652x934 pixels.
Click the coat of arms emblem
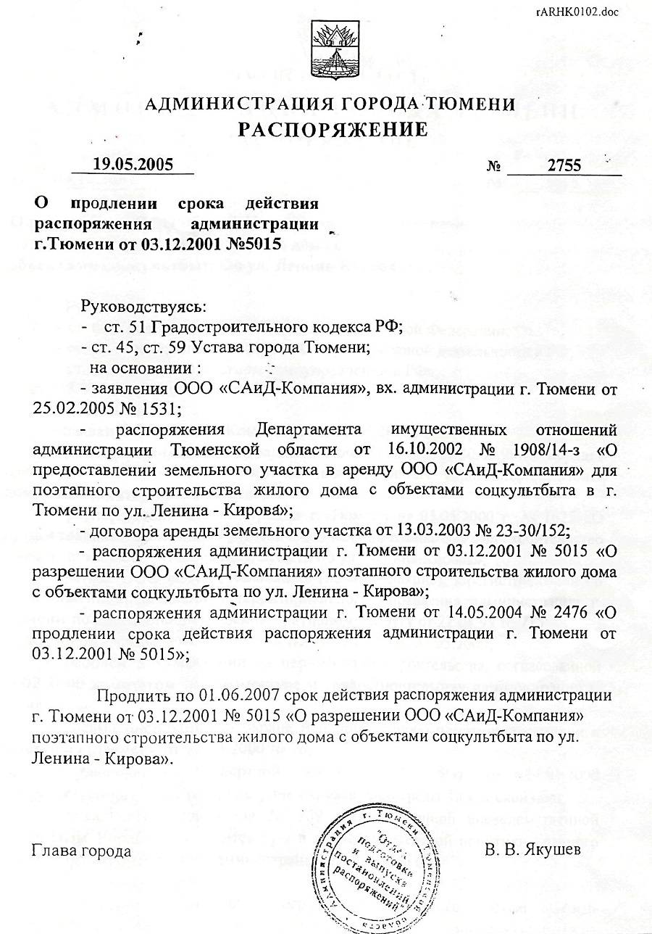click(331, 49)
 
